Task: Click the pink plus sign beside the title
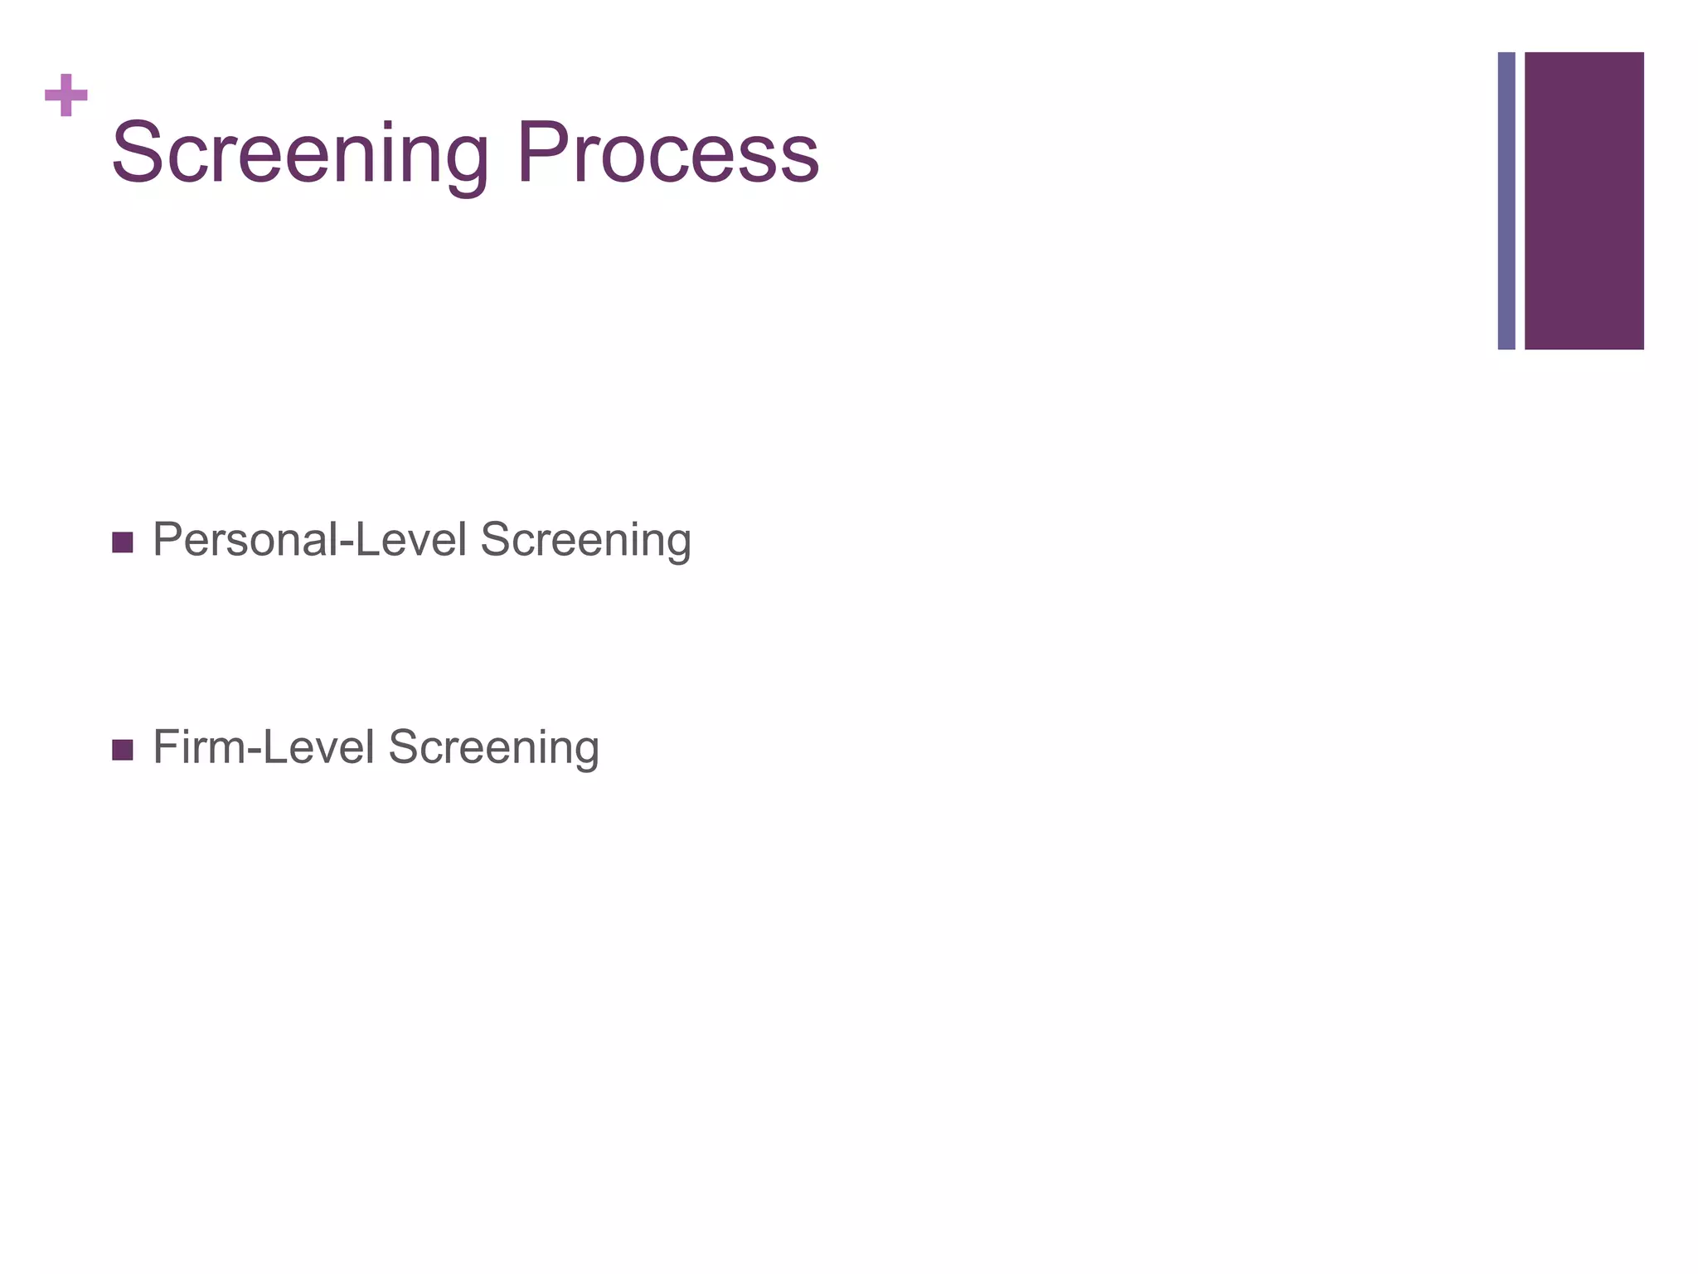click(66, 95)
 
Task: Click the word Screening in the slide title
click(300, 154)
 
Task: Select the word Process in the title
click(668, 154)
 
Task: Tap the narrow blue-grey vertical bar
click(1506, 201)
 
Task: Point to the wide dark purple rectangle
click(1584, 201)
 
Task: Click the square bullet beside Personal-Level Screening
click(122, 543)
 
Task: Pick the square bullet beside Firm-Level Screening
click(122, 750)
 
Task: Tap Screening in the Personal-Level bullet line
click(585, 541)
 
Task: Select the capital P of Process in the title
click(539, 154)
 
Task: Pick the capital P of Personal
click(170, 539)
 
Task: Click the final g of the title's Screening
click(464, 162)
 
